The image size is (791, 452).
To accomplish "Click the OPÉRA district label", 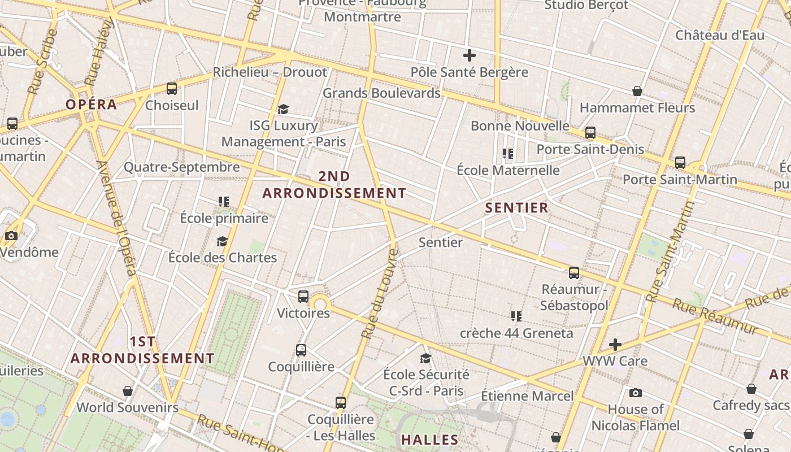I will point(91,105).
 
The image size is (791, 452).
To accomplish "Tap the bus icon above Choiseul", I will point(172,89).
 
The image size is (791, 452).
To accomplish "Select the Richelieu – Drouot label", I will point(270,72).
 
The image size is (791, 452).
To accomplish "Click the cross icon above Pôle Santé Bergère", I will point(469,55).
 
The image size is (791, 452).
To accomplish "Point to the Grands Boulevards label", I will point(381,93).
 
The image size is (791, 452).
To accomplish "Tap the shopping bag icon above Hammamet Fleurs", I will point(637,91).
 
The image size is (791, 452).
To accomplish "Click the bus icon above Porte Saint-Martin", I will point(680,163).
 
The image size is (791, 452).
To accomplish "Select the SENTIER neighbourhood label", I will point(517,208).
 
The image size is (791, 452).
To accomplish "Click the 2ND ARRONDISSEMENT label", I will point(334,185).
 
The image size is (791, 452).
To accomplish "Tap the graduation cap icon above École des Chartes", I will point(223,241).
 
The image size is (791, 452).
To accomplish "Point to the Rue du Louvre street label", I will point(380,294).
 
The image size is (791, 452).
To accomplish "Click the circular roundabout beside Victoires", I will point(320,305).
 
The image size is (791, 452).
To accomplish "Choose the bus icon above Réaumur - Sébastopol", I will point(574,273).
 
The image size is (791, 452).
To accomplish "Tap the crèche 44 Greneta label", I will point(516,333).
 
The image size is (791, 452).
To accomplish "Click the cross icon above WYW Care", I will point(615,344).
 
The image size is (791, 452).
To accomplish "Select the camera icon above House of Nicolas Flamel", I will point(636,393).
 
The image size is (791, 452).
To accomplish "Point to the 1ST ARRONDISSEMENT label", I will point(142,350).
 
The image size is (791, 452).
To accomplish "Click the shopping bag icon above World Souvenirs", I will point(128,390).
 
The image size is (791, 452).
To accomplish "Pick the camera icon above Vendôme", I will point(11,236).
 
